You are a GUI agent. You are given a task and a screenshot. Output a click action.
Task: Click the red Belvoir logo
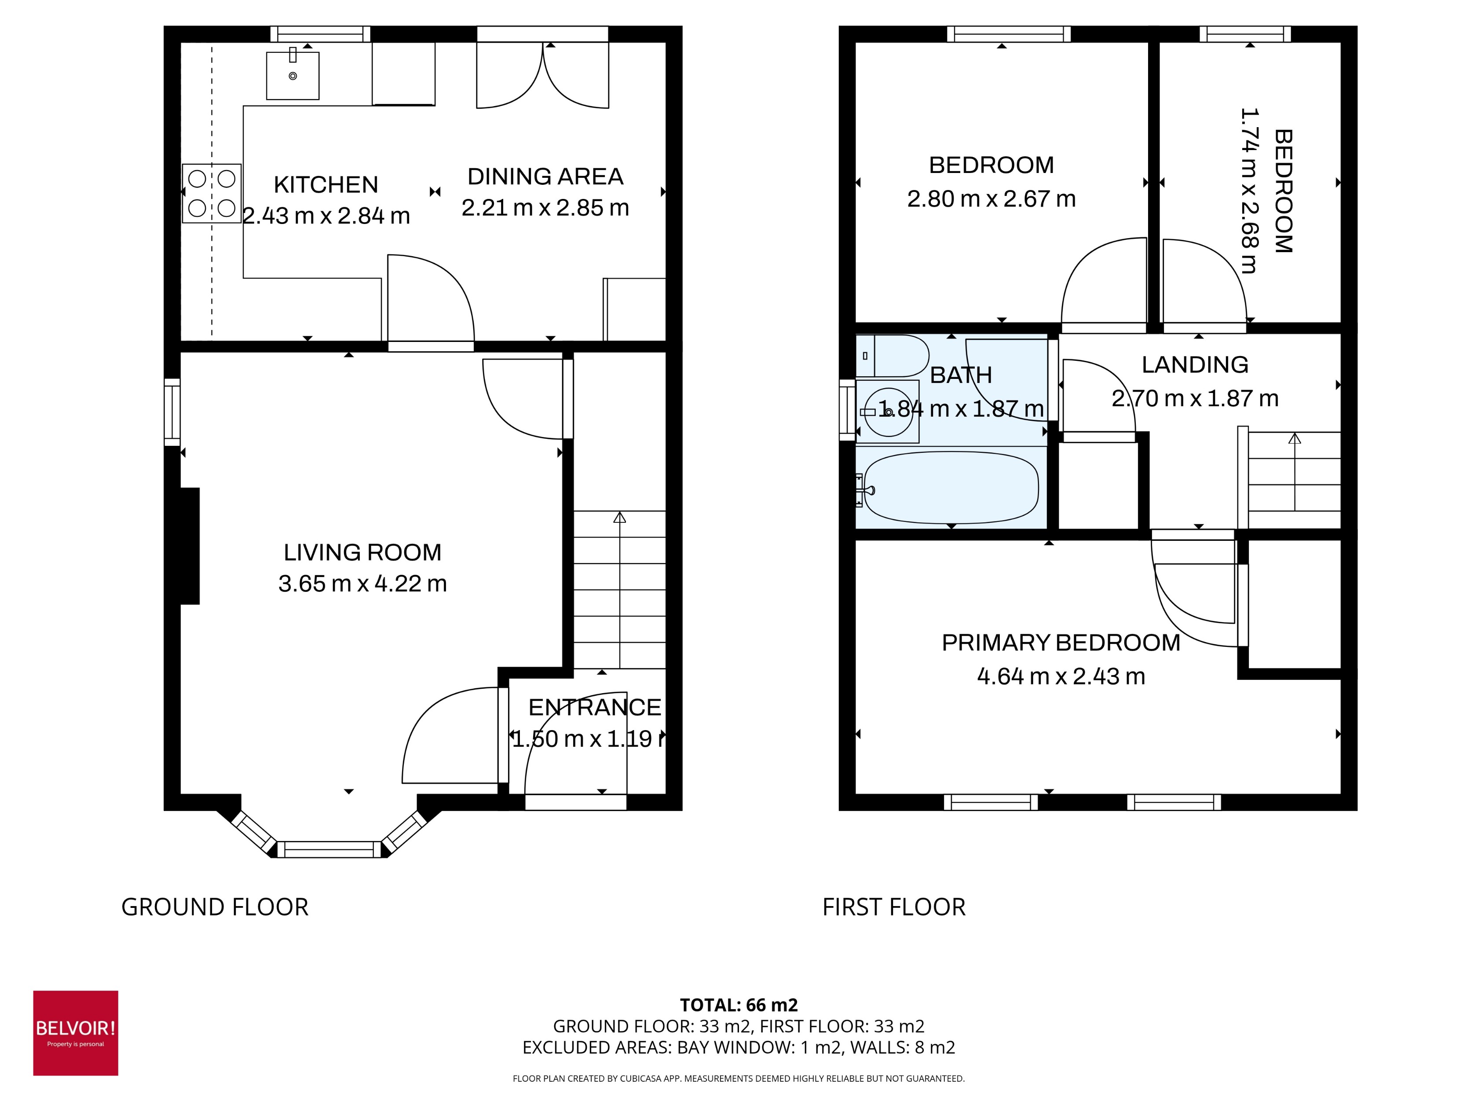tap(76, 1033)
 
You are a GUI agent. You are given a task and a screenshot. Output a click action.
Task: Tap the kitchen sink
tap(293, 76)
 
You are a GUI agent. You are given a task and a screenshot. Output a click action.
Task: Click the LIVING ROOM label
tap(362, 552)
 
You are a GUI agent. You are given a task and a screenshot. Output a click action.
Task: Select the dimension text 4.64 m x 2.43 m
tap(1061, 676)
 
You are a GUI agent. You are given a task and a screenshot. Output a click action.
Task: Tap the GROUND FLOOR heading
tap(215, 907)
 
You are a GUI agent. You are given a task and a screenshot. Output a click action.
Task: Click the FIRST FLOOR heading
tap(893, 907)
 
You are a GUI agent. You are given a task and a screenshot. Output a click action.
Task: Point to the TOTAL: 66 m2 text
tap(738, 1005)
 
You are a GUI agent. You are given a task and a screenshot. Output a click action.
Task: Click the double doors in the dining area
tap(542, 75)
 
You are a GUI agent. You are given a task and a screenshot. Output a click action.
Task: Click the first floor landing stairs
tap(1294, 480)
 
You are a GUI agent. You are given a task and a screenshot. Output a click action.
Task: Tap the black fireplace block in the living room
tap(190, 545)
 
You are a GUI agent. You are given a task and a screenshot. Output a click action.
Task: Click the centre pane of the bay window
tap(329, 850)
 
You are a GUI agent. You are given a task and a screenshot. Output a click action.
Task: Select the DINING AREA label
tap(545, 176)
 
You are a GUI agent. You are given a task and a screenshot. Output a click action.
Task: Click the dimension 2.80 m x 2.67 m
tap(991, 199)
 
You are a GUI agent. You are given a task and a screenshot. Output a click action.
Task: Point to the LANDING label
tap(1195, 364)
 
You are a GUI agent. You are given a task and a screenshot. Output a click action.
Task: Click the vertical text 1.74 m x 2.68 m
tap(1248, 191)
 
